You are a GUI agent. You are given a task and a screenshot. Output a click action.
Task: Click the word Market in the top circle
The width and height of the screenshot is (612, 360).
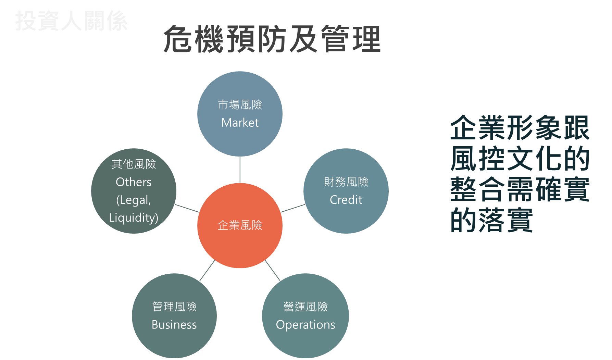[240, 123]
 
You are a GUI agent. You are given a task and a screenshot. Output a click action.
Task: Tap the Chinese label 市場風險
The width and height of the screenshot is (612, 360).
[240, 105]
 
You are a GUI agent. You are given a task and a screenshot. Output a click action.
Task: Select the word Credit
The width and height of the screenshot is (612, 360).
[346, 200]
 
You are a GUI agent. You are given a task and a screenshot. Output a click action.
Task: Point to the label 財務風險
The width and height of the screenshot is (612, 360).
[346, 182]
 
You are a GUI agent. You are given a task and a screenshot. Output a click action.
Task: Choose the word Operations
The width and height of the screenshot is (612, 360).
[305, 325]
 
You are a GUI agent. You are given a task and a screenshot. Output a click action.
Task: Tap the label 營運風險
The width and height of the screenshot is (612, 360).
[305, 307]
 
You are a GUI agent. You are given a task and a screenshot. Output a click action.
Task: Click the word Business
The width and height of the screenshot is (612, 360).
[174, 325]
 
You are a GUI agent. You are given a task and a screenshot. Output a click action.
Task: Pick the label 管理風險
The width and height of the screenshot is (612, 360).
[174, 307]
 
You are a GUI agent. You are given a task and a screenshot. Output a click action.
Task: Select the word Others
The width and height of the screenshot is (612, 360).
[134, 182]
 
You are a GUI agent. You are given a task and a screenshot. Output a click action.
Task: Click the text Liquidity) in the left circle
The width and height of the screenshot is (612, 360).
[134, 218]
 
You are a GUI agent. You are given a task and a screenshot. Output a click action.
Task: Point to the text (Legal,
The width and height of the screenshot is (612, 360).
[134, 200]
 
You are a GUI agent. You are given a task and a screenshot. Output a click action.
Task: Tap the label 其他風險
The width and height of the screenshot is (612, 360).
[134, 164]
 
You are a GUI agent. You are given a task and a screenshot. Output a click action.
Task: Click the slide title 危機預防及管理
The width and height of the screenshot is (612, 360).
[272, 39]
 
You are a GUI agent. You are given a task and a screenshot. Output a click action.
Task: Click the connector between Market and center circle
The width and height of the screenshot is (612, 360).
[240, 170]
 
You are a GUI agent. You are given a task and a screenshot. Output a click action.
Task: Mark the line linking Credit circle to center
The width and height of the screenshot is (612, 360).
[293, 208]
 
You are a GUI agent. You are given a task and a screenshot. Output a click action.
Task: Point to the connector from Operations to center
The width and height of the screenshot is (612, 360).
[273, 270]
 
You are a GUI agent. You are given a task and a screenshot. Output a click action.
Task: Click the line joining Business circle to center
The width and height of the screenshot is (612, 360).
[207, 271]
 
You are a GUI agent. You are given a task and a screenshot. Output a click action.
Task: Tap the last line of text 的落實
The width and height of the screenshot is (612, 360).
[491, 220]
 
